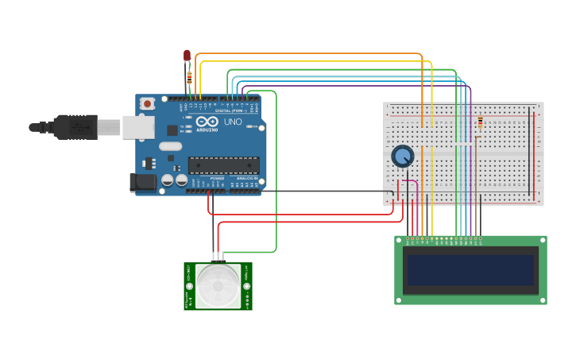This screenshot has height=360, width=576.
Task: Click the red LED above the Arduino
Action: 187,55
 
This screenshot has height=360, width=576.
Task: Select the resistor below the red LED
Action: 189,78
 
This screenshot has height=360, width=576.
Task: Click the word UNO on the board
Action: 233,123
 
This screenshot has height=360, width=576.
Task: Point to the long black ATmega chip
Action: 223,165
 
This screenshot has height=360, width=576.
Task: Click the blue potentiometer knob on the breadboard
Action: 403,156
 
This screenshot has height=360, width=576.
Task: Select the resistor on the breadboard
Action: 480,124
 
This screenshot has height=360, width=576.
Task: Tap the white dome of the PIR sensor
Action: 218,286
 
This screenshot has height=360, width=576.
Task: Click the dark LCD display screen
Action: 470,270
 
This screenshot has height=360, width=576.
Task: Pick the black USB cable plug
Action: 75,126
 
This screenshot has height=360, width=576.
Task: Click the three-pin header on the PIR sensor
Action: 218,257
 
